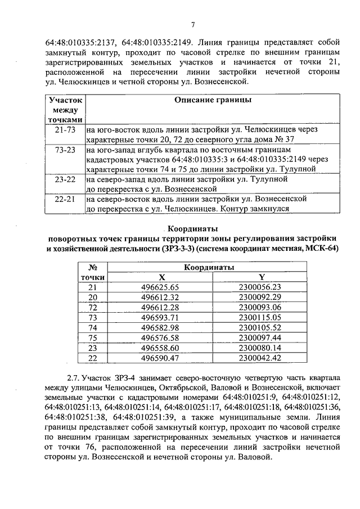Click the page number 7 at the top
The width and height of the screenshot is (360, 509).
[x=192, y=24]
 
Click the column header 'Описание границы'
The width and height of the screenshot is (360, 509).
[x=213, y=100]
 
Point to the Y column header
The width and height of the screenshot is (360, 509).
[x=262, y=277]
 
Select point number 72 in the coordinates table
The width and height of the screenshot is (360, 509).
[x=93, y=307]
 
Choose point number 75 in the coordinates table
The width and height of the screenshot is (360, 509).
[x=93, y=337]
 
